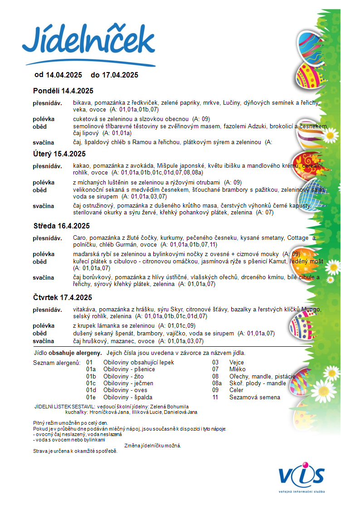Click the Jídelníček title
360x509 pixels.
[88, 41]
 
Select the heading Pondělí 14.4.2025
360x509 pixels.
[63, 91]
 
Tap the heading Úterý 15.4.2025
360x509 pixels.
[59, 154]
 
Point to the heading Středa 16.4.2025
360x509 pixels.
[62, 226]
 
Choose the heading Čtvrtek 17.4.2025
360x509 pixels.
[63, 297]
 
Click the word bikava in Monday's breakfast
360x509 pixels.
[82, 103]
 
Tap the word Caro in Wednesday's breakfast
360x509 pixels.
[79, 238]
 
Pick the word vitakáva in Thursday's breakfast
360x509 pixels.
[84, 310]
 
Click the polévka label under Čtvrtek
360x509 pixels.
[44, 326]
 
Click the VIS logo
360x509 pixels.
[302, 476]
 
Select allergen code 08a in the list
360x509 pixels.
[217, 383]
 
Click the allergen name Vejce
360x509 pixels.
[237, 363]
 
